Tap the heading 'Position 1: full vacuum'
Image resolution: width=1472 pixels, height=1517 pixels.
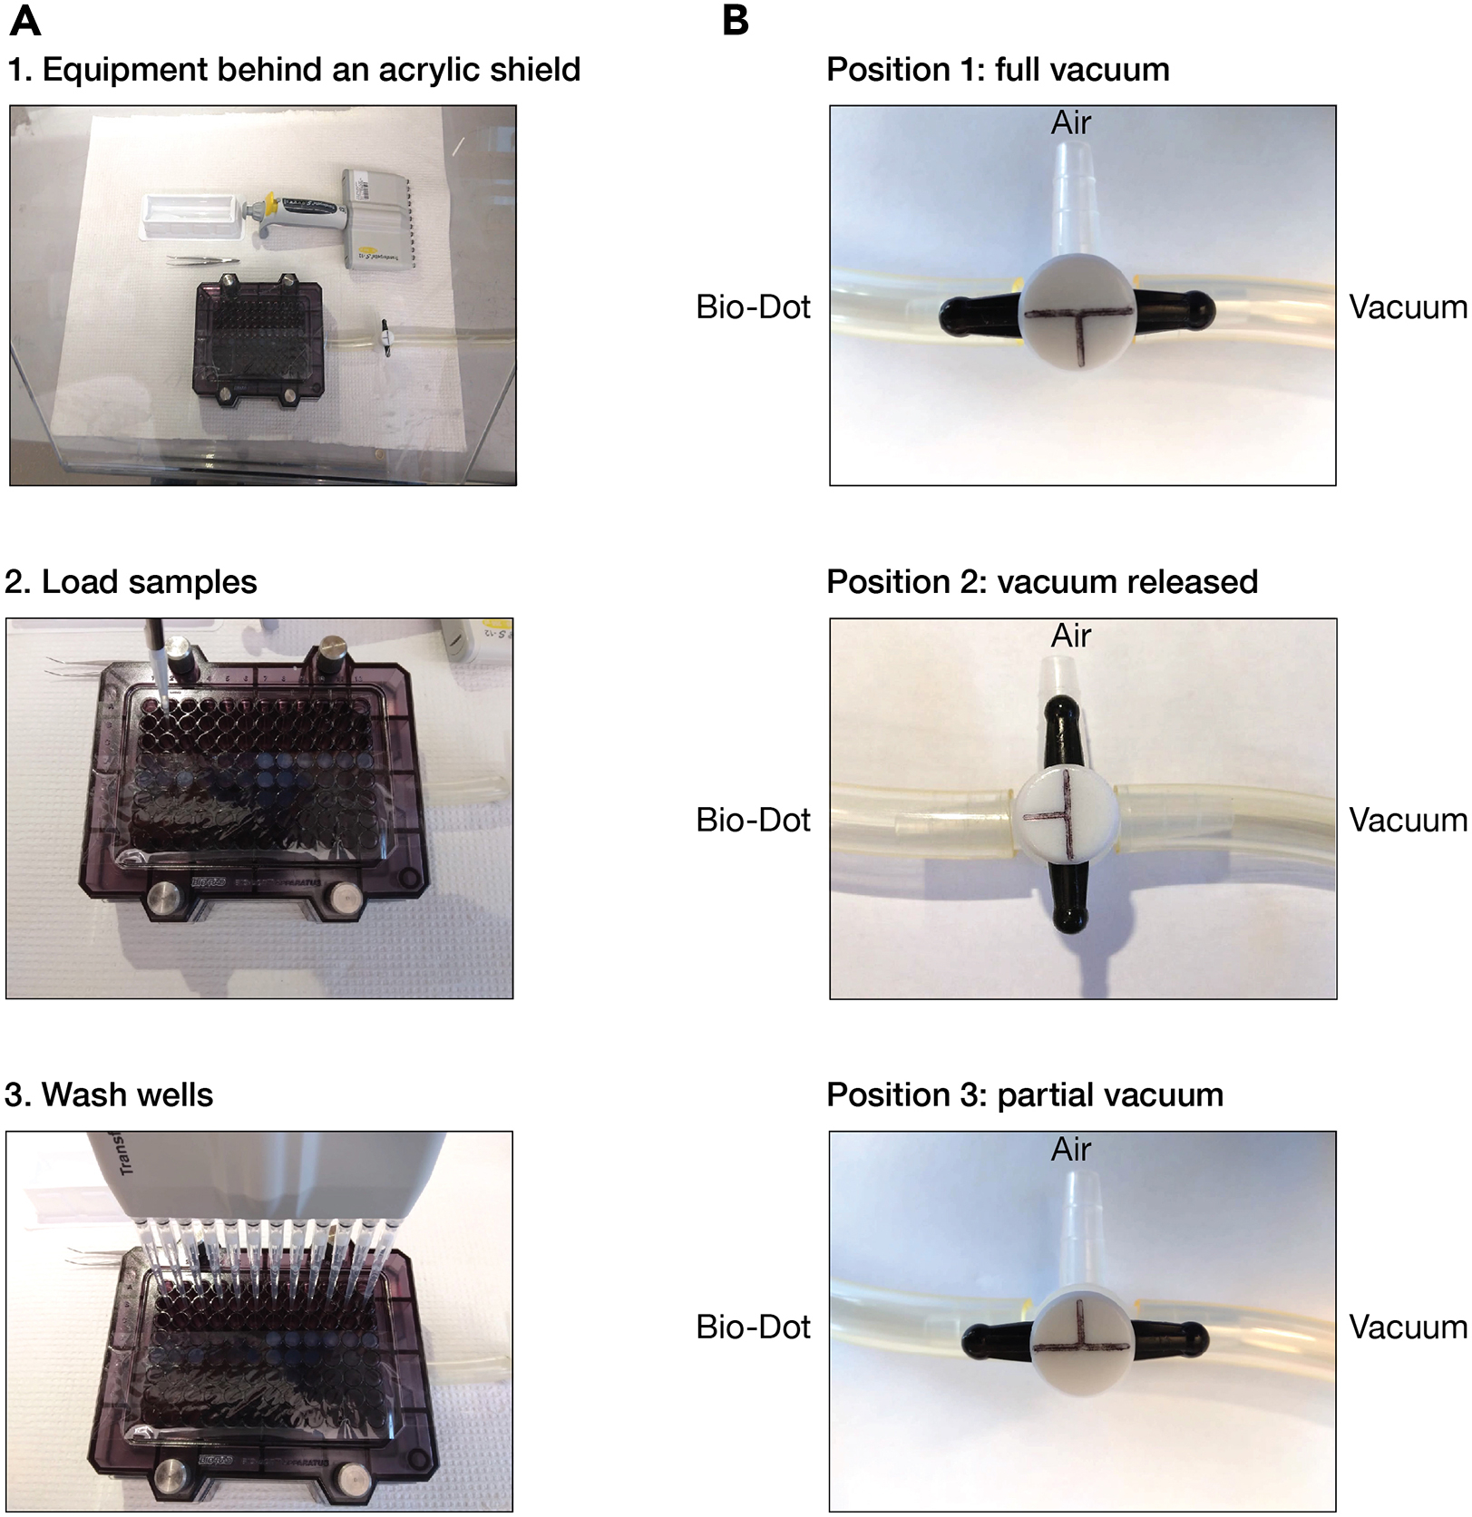(x=998, y=70)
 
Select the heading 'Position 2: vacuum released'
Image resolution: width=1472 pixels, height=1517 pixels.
(x=1042, y=582)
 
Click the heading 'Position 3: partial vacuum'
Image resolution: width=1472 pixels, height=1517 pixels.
(x=1025, y=1095)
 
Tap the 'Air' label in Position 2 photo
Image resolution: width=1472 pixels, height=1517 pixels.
(x=1070, y=637)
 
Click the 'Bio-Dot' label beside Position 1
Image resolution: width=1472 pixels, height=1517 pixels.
(x=753, y=307)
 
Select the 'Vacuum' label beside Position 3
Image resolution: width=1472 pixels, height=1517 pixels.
(x=1408, y=1327)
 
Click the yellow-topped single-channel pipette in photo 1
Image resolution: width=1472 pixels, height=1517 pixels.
(x=290, y=215)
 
